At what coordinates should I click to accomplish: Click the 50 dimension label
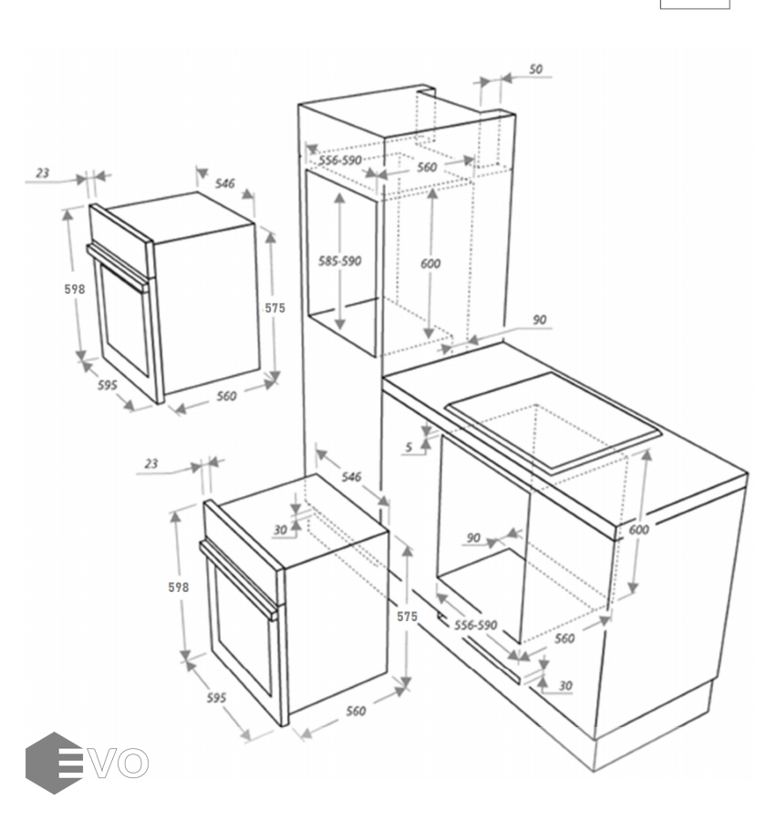[x=535, y=68]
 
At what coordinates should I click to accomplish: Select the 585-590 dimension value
[x=339, y=260]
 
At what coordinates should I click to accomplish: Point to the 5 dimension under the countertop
[x=408, y=447]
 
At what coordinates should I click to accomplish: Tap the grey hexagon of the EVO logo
[x=55, y=763]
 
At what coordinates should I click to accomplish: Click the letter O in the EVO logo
[x=132, y=763]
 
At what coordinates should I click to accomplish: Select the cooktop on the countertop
[x=552, y=422]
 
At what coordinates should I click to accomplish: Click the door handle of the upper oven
[x=118, y=266]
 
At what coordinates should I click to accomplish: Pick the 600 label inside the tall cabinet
[x=430, y=263]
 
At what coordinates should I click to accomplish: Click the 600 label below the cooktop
[x=638, y=529]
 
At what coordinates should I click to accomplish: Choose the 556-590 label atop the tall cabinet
[x=340, y=160]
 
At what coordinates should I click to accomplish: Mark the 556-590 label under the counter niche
[x=475, y=625]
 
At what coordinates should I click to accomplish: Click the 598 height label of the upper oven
[x=74, y=288]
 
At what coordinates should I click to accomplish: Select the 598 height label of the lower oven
[x=178, y=587]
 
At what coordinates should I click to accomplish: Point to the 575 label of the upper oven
[x=274, y=308]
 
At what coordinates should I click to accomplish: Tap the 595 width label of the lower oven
[x=216, y=698]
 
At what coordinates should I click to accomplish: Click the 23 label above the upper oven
[x=42, y=172]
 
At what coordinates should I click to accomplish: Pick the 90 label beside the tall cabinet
[x=540, y=319]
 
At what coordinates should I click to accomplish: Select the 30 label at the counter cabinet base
[x=565, y=685]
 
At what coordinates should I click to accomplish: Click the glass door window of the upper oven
[x=125, y=319]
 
